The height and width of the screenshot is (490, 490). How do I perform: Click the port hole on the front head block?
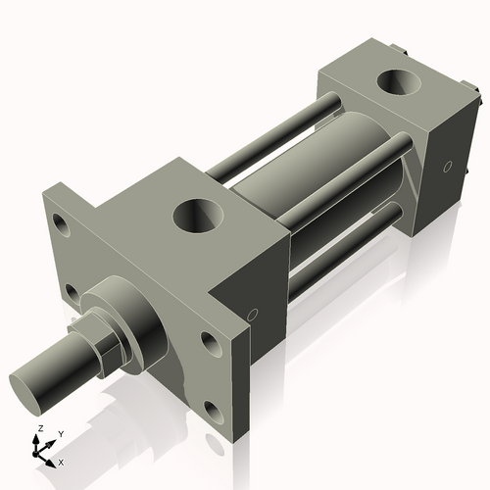[199, 215]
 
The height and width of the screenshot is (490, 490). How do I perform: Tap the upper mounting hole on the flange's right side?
[210, 341]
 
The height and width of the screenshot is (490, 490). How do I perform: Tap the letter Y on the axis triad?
[60, 433]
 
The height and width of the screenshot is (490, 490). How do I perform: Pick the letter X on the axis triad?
[62, 460]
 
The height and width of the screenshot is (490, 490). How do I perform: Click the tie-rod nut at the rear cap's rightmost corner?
[477, 98]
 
